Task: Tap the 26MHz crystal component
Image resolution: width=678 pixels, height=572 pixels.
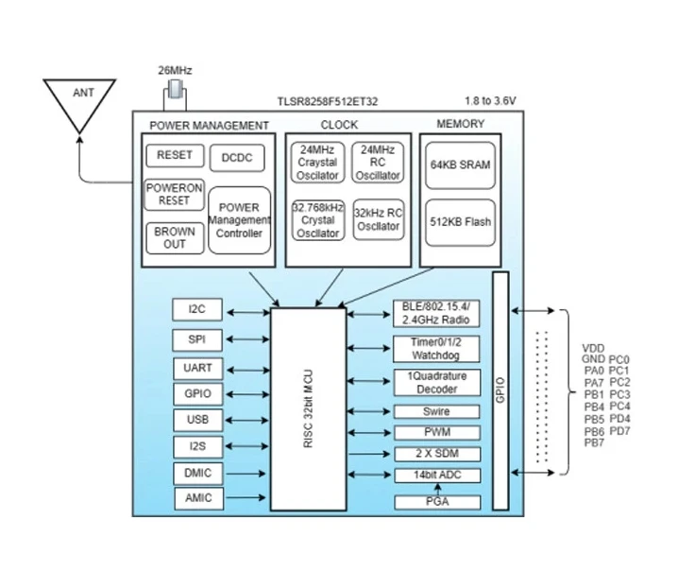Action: (x=175, y=89)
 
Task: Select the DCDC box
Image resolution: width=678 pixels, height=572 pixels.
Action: (x=237, y=158)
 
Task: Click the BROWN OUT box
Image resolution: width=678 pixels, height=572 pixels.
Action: (x=175, y=237)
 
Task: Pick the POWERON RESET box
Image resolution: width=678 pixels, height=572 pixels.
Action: (x=174, y=195)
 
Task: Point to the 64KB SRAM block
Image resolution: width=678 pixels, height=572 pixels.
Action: (x=460, y=165)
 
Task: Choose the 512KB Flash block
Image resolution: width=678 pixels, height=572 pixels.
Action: (x=460, y=222)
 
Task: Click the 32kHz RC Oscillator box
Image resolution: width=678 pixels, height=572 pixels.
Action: (x=379, y=219)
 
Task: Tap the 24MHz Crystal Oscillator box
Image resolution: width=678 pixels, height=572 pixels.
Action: (x=318, y=163)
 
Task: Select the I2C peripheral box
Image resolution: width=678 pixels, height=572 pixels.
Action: (x=197, y=309)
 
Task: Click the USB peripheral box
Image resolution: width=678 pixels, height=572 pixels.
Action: (x=198, y=420)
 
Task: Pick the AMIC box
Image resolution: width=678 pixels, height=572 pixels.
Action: (x=199, y=498)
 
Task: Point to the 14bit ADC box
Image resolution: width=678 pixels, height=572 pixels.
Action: (x=437, y=475)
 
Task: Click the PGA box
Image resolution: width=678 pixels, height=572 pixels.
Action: (x=437, y=502)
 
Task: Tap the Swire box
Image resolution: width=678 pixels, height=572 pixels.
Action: (x=436, y=411)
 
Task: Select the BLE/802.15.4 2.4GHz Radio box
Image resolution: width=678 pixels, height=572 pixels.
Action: (x=436, y=313)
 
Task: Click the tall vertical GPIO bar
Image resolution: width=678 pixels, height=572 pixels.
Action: (x=500, y=390)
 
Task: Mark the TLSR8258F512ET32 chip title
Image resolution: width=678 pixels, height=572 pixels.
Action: (x=328, y=102)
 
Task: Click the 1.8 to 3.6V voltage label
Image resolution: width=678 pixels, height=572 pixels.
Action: (x=490, y=101)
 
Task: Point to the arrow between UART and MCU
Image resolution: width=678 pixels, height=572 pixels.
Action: (x=247, y=370)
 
